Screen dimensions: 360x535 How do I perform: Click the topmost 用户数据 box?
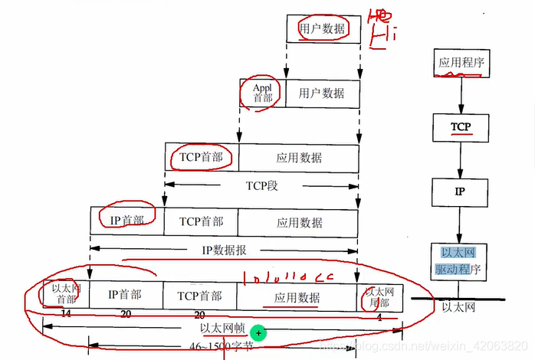[x=323, y=29]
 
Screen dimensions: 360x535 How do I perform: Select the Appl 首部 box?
[x=262, y=93]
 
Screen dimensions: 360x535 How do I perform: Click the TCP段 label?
[x=261, y=185]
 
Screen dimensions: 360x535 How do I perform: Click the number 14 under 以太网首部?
[x=66, y=314]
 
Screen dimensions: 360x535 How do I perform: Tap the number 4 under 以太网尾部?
[x=379, y=316]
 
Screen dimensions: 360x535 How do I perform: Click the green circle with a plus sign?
[x=259, y=332]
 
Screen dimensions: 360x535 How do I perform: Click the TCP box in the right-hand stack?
[x=460, y=126]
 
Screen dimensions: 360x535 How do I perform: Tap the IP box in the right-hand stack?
[x=460, y=191]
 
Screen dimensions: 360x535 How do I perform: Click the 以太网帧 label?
[x=222, y=329]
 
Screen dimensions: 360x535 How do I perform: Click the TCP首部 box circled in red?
[x=201, y=157]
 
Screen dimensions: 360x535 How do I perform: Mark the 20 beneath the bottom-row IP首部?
[x=126, y=315]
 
